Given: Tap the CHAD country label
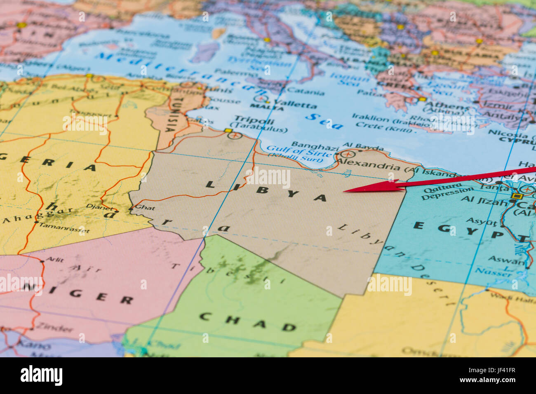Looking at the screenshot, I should (248, 321).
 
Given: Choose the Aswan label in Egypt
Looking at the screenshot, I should (506, 260).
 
